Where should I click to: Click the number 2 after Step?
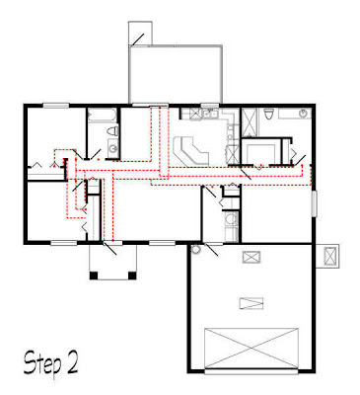tap(71, 364)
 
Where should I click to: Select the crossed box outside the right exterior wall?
tap(327, 256)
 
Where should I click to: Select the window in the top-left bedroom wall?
tap(53, 104)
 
